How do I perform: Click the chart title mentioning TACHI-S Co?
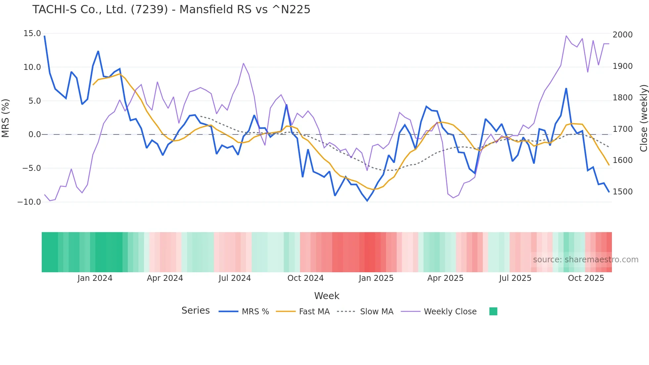click(x=171, y=10)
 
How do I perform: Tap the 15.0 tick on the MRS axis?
click(x=32, y=33)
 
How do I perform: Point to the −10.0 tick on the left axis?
click(x=29, y=202)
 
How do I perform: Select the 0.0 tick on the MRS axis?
click(x=34, y=134)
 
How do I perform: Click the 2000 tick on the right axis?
click(x=623, y=35)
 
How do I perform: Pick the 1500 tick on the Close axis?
click(x=623, y=192)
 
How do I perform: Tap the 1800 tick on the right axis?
click(x=623, y=98)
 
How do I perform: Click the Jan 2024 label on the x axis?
click(x=95, y=278)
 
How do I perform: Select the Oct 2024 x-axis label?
click(x=305, y=278)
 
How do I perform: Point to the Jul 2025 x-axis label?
click(x=515, y=278)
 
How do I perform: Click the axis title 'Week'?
click(x=326, y=296)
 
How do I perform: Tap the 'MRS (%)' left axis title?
click(x=6, y=118)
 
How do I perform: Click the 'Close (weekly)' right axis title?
click(x=643, y=118)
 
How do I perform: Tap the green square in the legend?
click(x=493, y=311)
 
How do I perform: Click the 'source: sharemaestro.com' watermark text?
click(x=585, y=260)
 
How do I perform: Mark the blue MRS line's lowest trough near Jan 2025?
click(x=367, y=201)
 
